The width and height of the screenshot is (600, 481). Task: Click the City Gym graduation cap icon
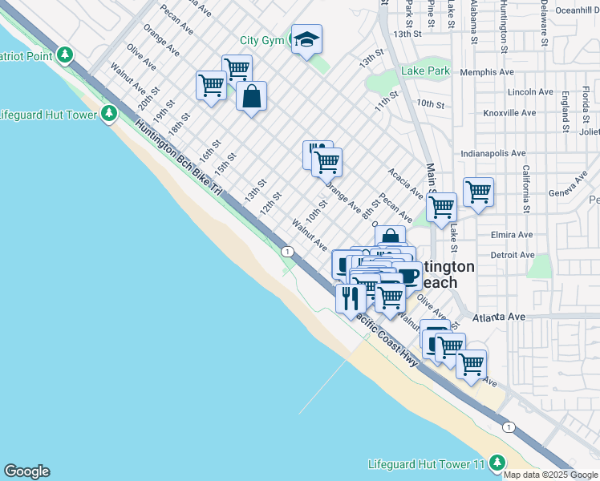306,40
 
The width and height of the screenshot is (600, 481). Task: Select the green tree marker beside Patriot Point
66,55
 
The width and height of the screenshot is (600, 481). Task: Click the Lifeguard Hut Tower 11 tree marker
497,463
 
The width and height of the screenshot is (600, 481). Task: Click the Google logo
26,471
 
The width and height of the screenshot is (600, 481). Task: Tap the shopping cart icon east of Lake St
478,192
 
